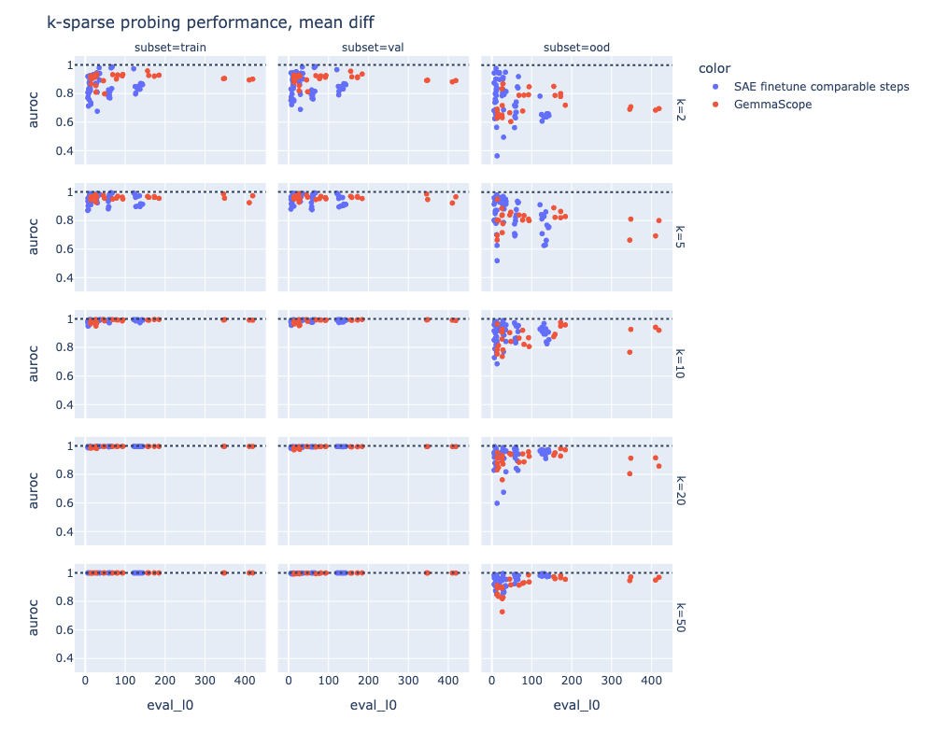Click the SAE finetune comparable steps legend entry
(821, 87)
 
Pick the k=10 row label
(680, 364)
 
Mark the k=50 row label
(680, 618)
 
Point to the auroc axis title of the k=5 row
(35, 237)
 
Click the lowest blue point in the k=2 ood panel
(497, 156)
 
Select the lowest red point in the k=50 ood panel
(502, 612)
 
